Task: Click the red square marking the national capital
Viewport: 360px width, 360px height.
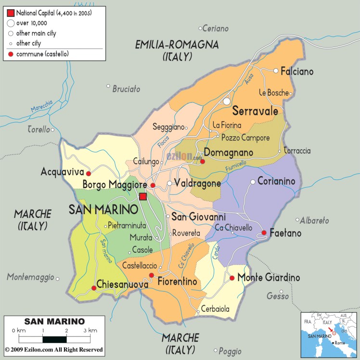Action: click(x=142, y=196)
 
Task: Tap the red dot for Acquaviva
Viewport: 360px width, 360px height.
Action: click(x=88, y=172)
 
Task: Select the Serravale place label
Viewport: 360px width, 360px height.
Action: click(x=255, y=111)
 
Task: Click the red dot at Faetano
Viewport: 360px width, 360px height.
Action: click(x=264, y=233)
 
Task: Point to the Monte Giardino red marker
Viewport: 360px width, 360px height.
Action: click(x=231, y=278)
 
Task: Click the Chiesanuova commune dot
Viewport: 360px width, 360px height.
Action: click(x=93, y=288)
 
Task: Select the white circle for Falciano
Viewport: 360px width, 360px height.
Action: click(x=276, y=71)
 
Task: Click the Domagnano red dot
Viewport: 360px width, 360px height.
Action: click(x=203, y=161)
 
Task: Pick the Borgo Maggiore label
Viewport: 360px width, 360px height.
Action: click(x=114, y=184)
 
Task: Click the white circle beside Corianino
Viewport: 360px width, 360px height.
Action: click(x=252, y=182)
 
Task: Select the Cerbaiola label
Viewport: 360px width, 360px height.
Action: click(x=215, y=309)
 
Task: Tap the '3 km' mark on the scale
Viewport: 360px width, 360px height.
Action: click(x=89, y=331)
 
